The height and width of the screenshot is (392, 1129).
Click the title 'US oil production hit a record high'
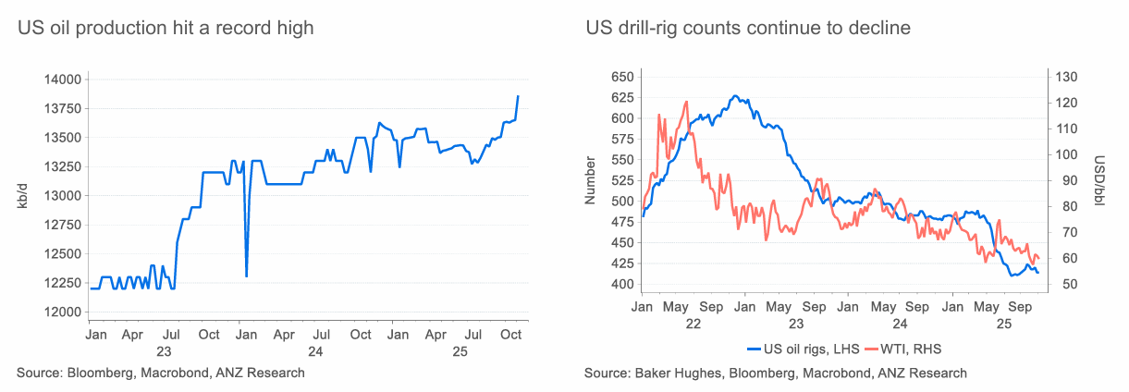166,29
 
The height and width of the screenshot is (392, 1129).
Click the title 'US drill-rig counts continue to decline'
748,29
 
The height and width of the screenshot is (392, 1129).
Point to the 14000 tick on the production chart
62,80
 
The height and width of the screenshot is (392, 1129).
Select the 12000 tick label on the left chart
62,312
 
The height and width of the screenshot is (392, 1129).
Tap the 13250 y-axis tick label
62,167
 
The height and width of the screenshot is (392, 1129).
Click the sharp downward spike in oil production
246,275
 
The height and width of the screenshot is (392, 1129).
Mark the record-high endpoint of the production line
518,96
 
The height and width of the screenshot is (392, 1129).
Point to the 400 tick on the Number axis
618,284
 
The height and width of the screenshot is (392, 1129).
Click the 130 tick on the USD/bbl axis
1066,77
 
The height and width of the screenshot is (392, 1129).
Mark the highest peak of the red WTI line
686,102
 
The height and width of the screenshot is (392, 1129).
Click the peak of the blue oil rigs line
734,95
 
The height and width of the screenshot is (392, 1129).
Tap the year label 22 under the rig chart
693,325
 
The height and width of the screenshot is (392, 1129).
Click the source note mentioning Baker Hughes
775,373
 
